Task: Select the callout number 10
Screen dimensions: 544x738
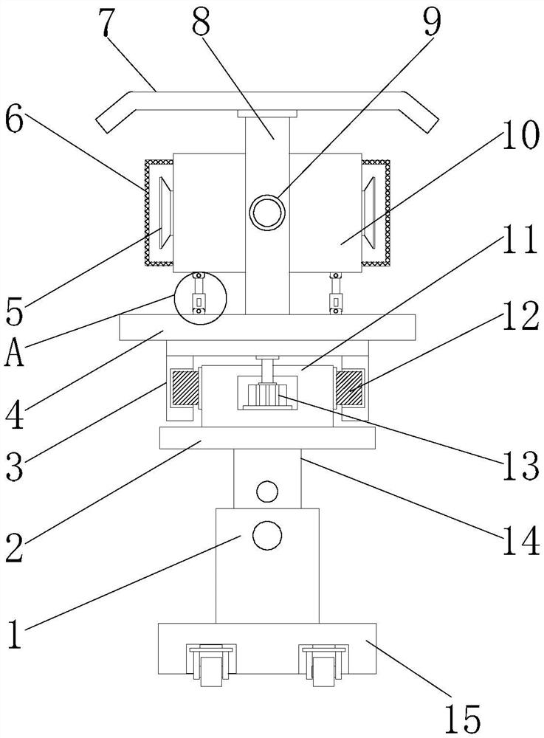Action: click(520, 136)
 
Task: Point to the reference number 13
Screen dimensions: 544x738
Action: click(520, 466)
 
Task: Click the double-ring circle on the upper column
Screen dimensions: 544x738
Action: click(267, 213)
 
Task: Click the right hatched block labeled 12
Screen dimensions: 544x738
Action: click(349, 387)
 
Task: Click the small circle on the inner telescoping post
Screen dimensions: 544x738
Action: click(266, 491)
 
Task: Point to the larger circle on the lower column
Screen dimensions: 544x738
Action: click(266, 535)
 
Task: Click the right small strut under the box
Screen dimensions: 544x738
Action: click(335, 293)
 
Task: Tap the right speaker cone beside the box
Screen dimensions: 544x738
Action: click(368, 212)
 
